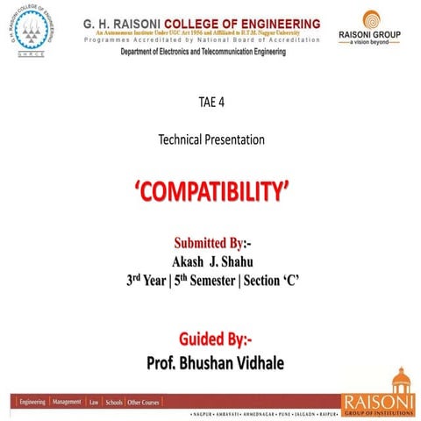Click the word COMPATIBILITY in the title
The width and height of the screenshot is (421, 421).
click(x=210, y=192)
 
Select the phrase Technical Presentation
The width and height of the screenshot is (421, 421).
click(x=210, y=139)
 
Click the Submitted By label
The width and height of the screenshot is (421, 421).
click(x=211, y=242)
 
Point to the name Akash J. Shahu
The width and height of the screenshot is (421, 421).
click(x=210, y=260)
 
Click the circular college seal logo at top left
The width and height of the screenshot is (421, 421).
click(x=31, y=32)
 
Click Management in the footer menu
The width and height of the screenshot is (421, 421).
click(x=68, y=402)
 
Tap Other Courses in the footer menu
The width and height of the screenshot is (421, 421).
click(x=145, y=402)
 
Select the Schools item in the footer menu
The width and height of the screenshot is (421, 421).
click(x=114, y=402)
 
